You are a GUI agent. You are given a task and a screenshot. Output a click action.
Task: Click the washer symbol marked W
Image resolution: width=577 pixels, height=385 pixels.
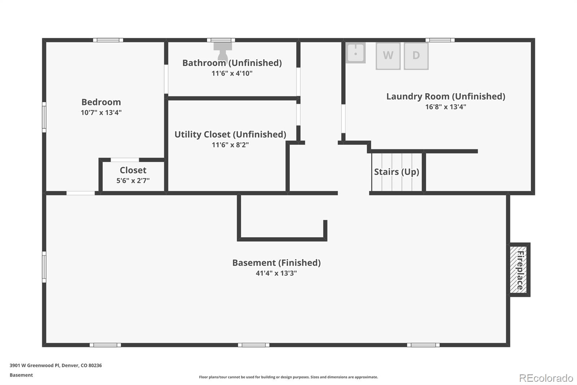pos(388,56)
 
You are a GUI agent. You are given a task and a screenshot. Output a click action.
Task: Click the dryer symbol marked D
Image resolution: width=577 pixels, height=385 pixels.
pos(416,56)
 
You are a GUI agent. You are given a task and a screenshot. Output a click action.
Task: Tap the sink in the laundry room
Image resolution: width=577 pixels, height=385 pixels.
pos(356,53)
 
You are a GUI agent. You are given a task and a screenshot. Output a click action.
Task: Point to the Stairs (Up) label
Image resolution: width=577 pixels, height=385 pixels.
pos(396,172)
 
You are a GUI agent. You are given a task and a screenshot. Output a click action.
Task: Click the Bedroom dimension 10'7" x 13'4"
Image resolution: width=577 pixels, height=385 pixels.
pos(101,113)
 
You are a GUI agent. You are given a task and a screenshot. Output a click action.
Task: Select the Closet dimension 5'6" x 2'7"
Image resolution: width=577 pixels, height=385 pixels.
pos(133,181)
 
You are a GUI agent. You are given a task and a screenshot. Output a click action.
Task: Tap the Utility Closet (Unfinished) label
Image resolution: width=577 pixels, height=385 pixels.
pos(230,134)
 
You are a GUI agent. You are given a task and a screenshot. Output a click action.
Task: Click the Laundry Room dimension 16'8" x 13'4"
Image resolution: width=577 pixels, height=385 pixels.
pos(445,107)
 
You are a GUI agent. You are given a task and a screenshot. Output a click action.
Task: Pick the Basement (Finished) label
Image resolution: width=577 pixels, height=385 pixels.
pos(276,263)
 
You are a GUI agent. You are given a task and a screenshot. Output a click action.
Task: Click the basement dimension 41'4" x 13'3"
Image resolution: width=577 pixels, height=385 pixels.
pos(276,273)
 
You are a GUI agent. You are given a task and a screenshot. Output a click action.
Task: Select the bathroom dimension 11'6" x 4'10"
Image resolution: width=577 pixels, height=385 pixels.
pos(232,73)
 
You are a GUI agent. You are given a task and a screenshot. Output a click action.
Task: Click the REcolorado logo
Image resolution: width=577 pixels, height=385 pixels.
pos(546,378)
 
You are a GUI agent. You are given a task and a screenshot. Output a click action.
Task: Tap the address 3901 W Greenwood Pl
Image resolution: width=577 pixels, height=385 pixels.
pos(56,365)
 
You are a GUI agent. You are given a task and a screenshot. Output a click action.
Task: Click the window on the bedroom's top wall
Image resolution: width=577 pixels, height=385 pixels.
pos(108,40)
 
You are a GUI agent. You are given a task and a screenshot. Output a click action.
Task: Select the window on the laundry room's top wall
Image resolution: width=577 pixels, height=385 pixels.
pos(440,40)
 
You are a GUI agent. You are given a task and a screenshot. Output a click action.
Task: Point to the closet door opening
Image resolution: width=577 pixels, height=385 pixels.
pos(125,160)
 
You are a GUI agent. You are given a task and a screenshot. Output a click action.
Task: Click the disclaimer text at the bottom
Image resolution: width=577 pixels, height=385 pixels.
pos(288,377)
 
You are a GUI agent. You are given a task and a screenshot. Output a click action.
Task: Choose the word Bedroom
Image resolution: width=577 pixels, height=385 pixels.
pos(101,102)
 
